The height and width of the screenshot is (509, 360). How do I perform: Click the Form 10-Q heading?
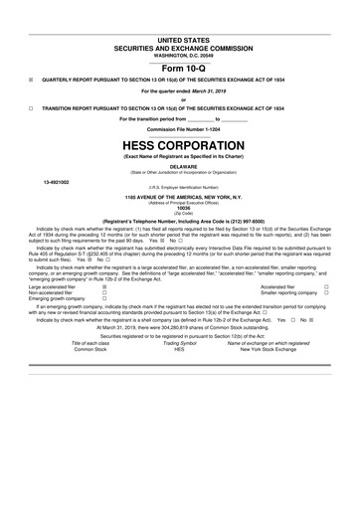click(x=180, y=68)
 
